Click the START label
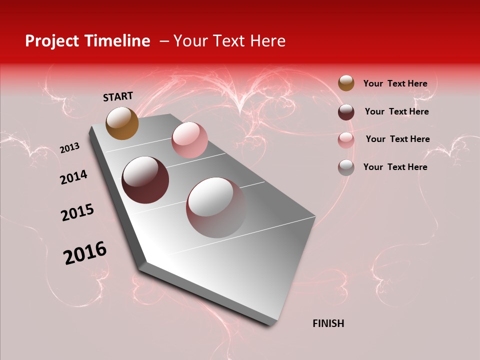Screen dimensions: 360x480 (x=118, y=96)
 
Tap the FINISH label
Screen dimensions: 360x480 (x=328, y=323)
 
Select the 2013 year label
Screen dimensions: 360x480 (x=69, y=148)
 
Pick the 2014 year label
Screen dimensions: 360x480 (x=73, y=177)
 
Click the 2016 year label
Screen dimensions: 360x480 (x=85, y=253)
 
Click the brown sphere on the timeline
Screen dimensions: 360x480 (x=122, y=123)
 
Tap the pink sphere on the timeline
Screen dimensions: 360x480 (x=189, y=140)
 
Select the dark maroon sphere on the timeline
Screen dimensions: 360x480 (x=145, y=180)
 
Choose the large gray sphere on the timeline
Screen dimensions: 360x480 (x=216, y=207)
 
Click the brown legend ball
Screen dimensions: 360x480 (x=346, y=83)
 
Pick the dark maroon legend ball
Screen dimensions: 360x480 (x=346, y=112)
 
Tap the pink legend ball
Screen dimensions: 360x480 (x=346, y=140)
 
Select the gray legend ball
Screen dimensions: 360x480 (x=346, y=167)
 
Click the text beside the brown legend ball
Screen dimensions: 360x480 (x=395, y=83)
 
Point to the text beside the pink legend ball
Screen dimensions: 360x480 (x=397, y=139)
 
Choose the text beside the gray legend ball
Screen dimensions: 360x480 (x=395, y=167)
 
